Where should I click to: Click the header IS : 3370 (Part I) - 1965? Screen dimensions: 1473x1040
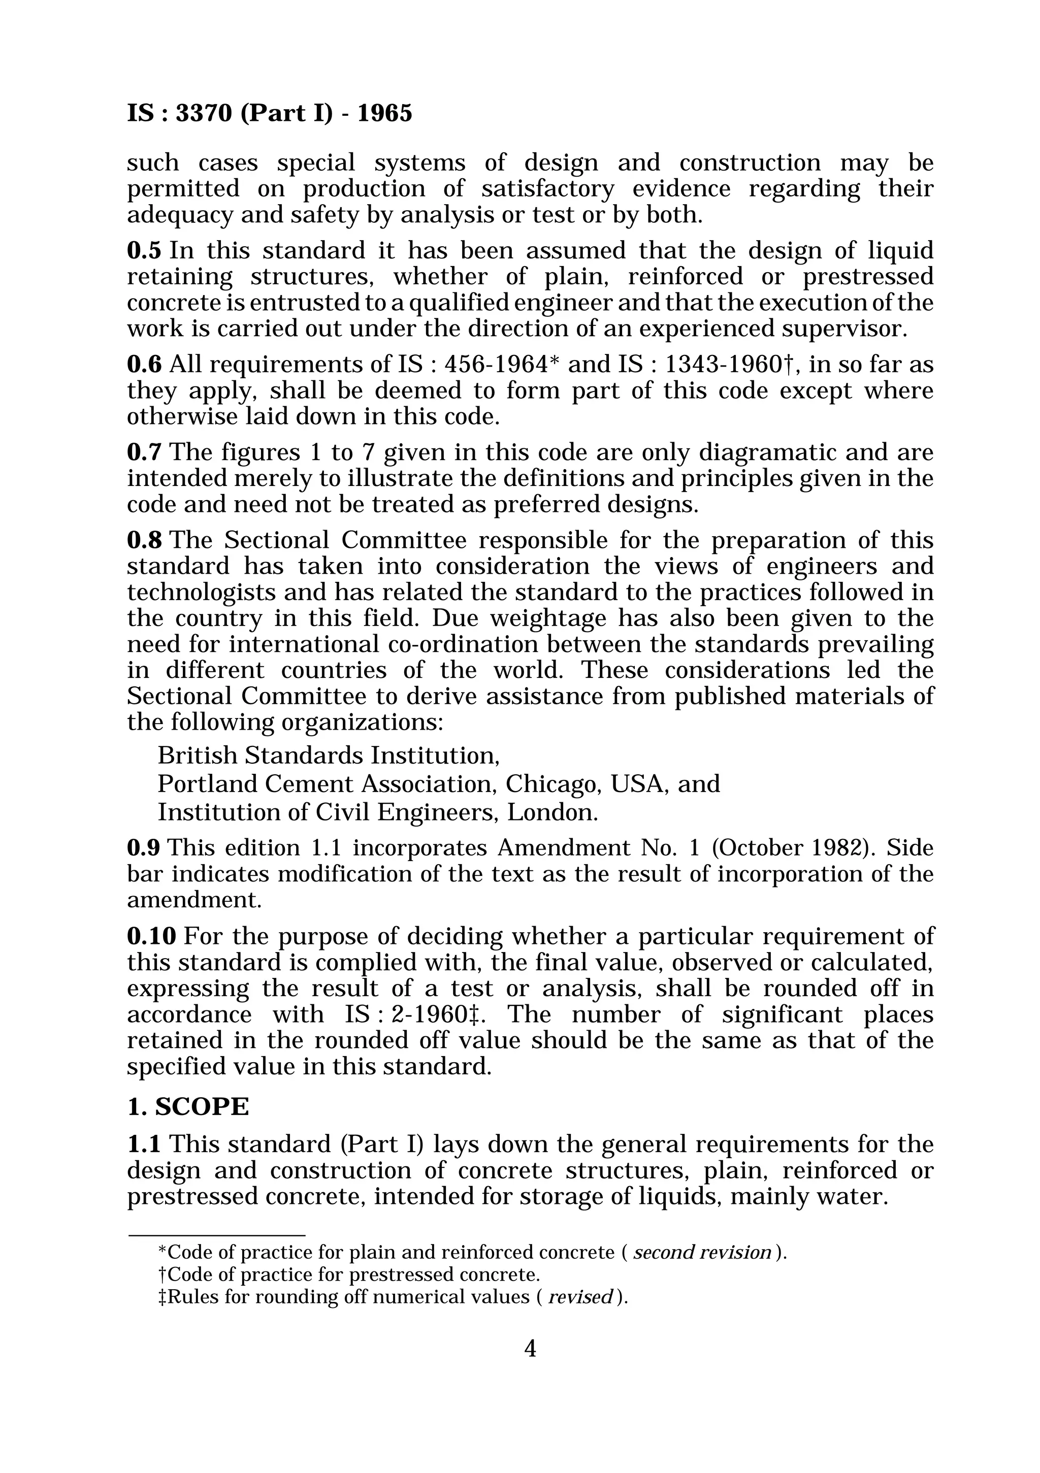coord(270,114)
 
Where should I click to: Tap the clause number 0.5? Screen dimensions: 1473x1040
coord(144,250)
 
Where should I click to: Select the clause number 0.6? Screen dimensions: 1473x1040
coord(144,365)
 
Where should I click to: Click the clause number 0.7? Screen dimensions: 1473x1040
coord(144,452)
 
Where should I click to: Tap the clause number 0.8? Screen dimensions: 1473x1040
coord(144,540)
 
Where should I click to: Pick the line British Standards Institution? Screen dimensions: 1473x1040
coord(329,756)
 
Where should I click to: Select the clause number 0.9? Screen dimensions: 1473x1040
coord(144,848)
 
